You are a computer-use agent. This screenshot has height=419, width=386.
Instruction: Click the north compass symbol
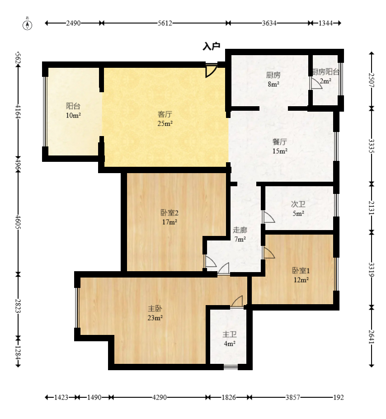27,24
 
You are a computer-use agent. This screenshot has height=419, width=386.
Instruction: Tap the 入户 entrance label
212,46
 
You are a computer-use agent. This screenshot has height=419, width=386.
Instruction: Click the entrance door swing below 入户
211,70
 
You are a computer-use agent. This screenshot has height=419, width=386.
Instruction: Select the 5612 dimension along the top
165,23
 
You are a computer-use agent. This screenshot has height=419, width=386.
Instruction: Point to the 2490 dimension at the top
74,23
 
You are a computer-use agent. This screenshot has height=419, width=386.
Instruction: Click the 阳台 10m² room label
74,110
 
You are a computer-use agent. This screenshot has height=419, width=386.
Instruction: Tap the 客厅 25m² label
165,118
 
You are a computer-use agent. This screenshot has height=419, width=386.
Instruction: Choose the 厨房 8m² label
273,80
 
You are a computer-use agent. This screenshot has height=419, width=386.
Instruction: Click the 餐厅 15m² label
280,146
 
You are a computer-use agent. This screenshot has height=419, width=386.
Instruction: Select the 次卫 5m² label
298,209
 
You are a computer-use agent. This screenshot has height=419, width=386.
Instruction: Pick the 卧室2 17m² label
169,217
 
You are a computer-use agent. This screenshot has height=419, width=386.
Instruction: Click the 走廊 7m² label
240,234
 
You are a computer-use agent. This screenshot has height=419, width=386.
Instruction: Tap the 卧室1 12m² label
301,275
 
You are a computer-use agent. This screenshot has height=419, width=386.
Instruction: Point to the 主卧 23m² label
155,313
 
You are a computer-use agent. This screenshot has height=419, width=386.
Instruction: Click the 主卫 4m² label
230,339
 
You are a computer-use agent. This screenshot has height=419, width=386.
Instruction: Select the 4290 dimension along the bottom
160,397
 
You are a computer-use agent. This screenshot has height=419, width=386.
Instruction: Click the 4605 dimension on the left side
18,221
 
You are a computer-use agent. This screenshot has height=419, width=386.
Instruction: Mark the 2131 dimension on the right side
372,208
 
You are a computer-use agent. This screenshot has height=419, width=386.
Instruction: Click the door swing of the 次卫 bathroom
269,217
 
